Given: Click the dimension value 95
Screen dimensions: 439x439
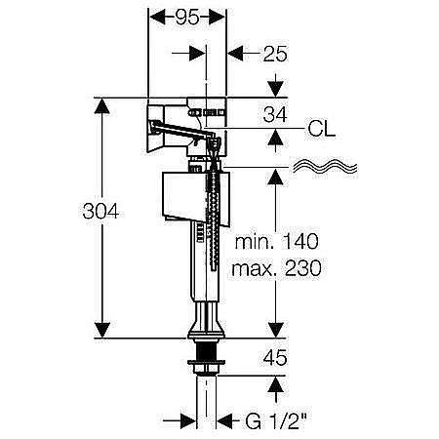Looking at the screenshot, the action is pos(187,18).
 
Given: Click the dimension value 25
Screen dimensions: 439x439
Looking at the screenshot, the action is pos(275,54).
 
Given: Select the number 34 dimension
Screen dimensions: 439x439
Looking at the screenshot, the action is pos(275,114).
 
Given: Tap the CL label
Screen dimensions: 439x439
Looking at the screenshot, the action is pos(321,129).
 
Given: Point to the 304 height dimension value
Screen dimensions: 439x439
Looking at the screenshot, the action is pos(100,211).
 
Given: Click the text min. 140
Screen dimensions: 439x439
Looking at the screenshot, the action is pos(277,241).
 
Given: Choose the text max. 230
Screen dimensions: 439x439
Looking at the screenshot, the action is pos(276,268).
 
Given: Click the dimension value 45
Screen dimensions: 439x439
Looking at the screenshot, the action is pos(275,357).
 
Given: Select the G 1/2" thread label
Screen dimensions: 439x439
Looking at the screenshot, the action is pos(276,421).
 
